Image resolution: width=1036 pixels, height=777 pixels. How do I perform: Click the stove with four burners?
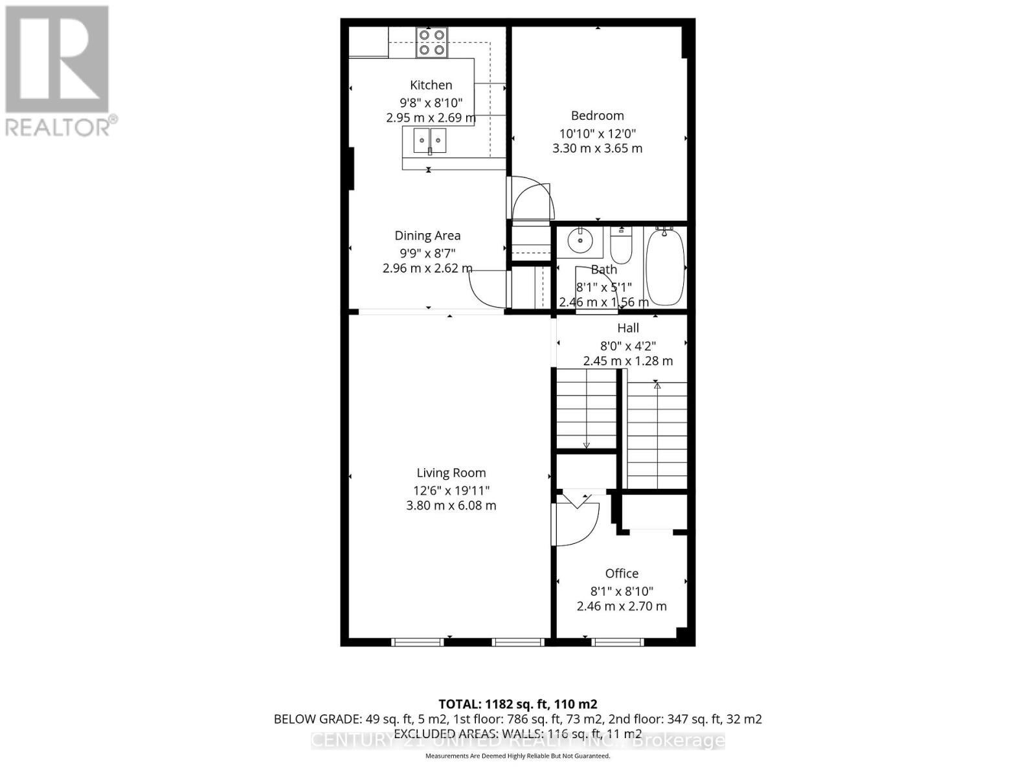point(432,42)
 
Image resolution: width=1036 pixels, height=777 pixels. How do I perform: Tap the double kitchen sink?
point(430,141)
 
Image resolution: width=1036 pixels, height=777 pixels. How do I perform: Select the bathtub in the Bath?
point(665,266)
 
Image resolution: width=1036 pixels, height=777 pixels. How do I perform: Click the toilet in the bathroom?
point(621,245)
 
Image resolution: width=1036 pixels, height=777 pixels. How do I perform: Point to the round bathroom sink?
point(580,242)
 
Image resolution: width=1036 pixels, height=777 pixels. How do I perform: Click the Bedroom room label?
point(597,116)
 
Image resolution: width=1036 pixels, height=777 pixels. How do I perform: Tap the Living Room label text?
point(451,473)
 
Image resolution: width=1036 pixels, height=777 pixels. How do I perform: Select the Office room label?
point(622,574)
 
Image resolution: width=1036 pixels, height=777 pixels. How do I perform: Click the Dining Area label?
point(427,236)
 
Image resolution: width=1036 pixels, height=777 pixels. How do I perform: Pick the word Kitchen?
point(431,85)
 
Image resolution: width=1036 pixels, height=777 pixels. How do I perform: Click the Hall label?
point(627,328)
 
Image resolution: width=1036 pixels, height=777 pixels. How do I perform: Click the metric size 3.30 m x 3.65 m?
point(597,148)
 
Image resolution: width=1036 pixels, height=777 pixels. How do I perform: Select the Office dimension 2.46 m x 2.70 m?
point(622,607)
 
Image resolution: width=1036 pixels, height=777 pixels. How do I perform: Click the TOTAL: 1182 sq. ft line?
point(517,704)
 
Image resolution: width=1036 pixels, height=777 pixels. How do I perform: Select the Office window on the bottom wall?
point(618,642)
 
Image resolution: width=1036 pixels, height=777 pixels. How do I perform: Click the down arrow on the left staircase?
point(586,445)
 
